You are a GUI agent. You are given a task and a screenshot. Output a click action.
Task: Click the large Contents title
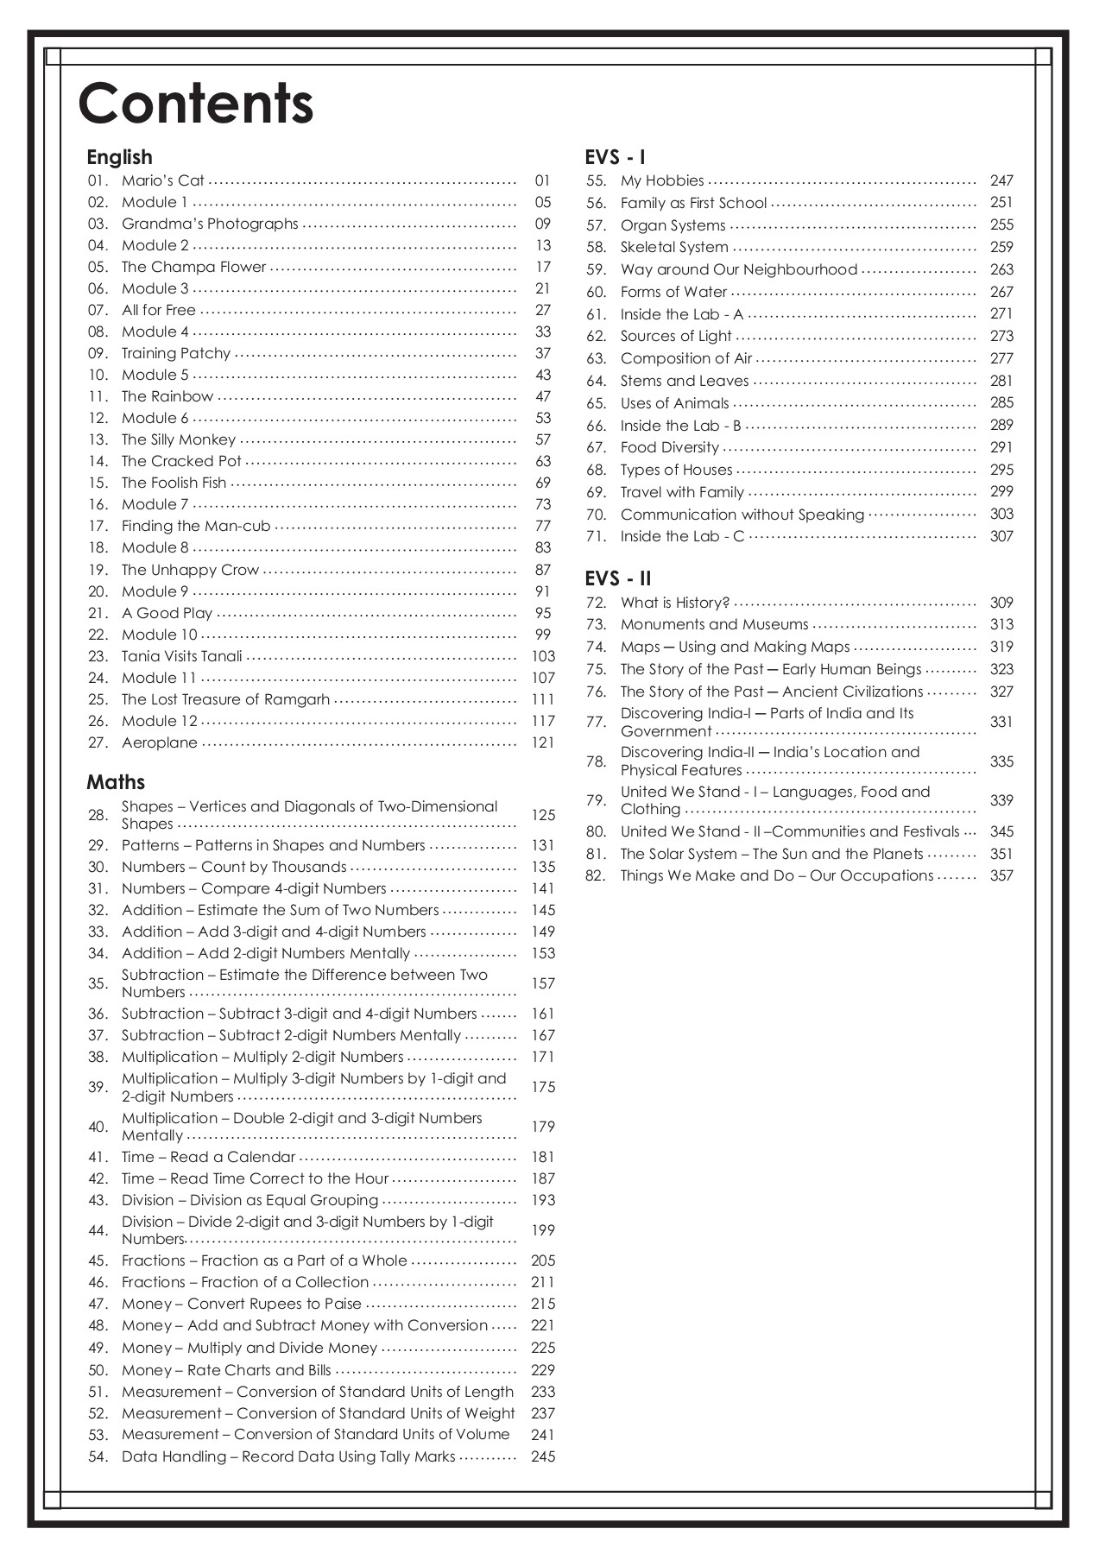[x=196, y=104]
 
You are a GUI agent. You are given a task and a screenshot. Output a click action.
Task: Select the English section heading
[x=119, y=157]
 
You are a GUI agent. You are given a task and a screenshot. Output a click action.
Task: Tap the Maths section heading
[x=116, y=782]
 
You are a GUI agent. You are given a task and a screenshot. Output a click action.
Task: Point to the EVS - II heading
[x=617, y=578]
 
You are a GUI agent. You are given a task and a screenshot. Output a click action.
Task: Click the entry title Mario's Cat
[x=163, y=180]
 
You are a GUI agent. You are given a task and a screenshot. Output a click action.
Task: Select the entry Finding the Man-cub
[x=196, y=526]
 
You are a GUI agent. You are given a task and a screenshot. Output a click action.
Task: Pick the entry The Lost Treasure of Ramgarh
[x=225, y=699]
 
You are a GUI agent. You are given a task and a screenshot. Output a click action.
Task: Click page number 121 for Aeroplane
[x=543, y=742]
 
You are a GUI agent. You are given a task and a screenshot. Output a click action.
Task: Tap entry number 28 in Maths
[x=98, y=815]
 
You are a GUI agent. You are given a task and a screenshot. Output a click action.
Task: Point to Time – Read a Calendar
[x=208, y=1157]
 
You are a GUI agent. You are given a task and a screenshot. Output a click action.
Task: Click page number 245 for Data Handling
[x=543, y=1456]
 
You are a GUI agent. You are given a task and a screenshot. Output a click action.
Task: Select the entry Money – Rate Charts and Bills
[x=226, y=1370]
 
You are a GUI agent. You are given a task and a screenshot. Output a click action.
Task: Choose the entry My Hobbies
[x=662, y=180]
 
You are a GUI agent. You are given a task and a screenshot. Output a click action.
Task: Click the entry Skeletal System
[x=674, y=247]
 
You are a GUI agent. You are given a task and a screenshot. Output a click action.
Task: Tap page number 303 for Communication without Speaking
[x=1001, y=514]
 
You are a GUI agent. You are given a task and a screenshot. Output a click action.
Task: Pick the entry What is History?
[x=675, y=603]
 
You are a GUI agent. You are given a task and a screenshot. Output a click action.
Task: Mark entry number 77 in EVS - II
[x=596, y=722]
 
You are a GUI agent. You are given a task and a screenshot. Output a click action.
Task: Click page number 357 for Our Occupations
[x=1001, y=875]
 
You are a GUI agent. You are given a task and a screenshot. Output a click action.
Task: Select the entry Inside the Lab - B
[x=680, y=425]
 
